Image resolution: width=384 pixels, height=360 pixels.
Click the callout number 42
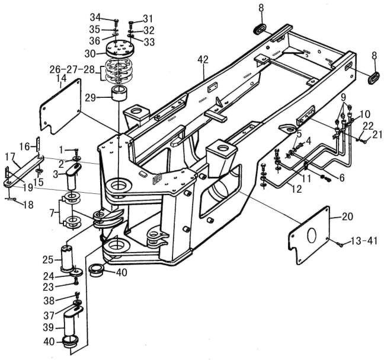(x=203, y=59)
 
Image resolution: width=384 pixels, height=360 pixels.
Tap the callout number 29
(x=91, y=98)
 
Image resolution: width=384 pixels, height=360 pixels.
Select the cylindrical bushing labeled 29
(x=120, y=93)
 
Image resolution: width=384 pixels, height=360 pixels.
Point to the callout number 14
(x=61, y=78)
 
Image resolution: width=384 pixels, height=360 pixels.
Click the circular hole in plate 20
(x=312, y=235)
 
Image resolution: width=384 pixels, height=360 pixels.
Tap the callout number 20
(x=347, y=216)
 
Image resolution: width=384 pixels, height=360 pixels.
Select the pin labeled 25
(x=67, y=259)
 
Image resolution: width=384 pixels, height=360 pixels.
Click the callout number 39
(x=48, y=327)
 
